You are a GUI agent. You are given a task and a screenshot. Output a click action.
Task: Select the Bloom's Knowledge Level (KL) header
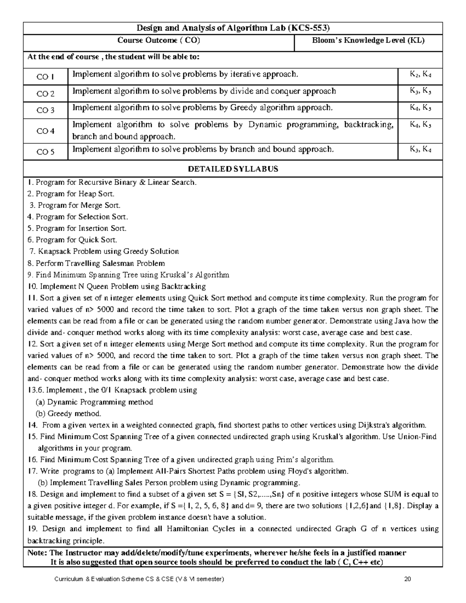368,40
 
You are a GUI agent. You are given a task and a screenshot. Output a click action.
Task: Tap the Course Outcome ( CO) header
159,40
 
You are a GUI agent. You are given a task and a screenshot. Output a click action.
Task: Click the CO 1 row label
45,77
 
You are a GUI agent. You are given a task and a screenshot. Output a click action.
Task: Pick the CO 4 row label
45,131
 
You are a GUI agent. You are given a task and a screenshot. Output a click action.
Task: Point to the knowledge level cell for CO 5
420,149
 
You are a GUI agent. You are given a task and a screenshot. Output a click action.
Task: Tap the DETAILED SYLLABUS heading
233,169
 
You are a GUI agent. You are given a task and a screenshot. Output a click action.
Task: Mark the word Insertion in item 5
94,228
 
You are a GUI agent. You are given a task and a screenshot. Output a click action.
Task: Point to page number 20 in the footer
407,579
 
